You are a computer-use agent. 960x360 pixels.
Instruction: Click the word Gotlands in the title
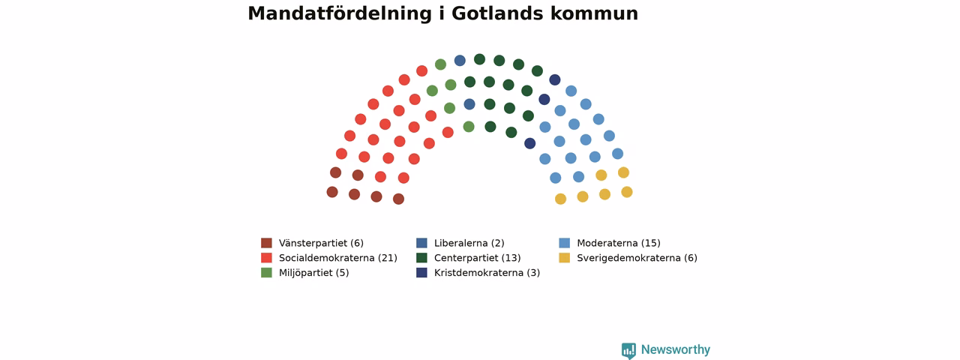(x=497, y=13)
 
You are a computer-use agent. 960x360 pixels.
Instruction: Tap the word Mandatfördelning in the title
(x=340, y=13)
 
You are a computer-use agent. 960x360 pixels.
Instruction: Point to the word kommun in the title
(x=595, y=13)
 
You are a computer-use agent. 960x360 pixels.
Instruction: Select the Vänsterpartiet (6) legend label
(x=321, y=243)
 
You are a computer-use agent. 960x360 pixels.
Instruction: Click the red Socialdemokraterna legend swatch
(x=266, y=258)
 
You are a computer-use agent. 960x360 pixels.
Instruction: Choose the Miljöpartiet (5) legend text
(x=313, y=273)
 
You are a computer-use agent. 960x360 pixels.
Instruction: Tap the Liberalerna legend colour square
(x=421, y=243)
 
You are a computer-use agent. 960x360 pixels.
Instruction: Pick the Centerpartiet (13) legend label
(x=478, y=258)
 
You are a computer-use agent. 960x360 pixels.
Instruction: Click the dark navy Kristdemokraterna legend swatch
(x=421, y=272)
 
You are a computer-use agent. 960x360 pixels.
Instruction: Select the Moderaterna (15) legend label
(x=619, y=243)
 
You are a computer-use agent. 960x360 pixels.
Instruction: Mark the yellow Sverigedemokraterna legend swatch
(x=565, y=258)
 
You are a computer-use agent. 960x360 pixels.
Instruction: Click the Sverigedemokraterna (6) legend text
(x=637, y=258)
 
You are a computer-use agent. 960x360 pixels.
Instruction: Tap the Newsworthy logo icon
(x=628, y=350)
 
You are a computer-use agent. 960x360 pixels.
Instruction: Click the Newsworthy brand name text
(x=676, y=349)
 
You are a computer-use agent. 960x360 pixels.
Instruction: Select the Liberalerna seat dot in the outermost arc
(x=460, y=61)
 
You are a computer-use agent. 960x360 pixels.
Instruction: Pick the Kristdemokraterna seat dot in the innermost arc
(x=530, y=143)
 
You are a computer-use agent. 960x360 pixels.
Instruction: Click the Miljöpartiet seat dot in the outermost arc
(x=440, y=64)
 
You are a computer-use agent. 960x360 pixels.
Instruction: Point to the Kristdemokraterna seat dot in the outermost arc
(x=555, y=79)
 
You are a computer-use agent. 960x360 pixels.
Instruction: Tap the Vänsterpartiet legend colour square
(x=266, y=243)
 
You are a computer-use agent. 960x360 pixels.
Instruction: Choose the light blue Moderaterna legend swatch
(x=565, y=243)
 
